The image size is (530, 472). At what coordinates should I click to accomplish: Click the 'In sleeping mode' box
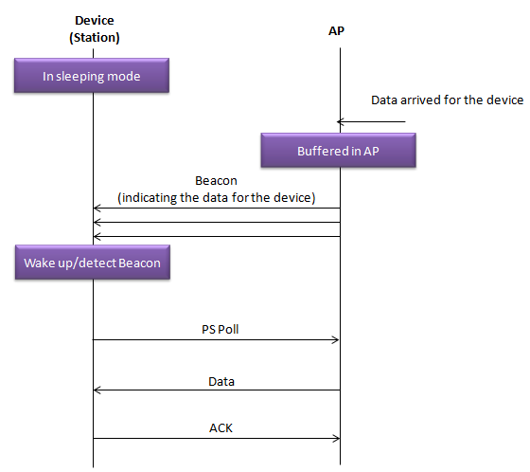(x=92, y=76)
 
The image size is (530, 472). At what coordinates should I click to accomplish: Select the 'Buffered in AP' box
(x=339, y=151)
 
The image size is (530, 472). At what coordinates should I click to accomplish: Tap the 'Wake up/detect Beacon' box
(x=93, y=263)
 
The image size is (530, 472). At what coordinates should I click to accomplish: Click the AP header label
(x=336, y=31)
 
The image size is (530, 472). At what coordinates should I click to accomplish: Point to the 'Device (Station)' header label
(x=95, y=29)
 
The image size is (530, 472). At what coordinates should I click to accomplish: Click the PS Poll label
(x=220, y=330)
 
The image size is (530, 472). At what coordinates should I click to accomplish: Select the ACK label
(x=221, y=428)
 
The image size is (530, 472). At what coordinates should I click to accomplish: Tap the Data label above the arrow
(x=221, y=382)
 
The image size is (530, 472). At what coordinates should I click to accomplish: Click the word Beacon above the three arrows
(x=216, y=181)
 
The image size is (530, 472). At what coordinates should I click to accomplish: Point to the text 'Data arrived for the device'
(x=447, y=100)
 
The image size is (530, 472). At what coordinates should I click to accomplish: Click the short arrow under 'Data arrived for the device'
(x=371, y=121)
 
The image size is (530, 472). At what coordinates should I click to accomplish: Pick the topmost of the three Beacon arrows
(x=217, y=208)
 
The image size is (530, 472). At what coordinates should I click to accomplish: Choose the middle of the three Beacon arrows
(x=217, y=222)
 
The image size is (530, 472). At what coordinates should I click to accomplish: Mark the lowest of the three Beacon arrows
(x=217, y=236)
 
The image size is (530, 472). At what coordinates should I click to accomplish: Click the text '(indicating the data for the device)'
(x=217, y=198)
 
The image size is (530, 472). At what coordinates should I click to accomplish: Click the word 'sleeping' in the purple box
(x=79, y=77)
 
